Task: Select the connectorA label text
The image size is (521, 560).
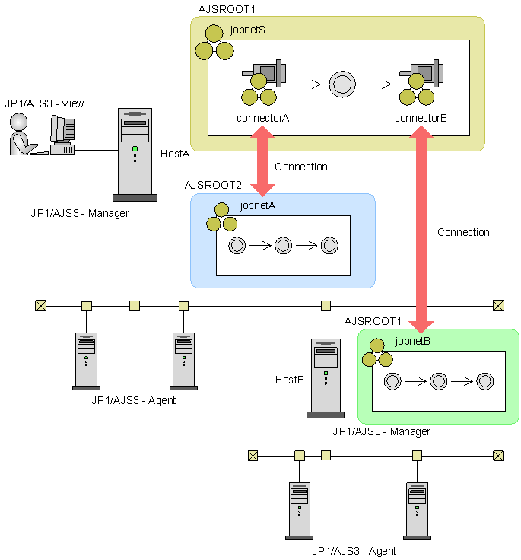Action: (x=263, y=119)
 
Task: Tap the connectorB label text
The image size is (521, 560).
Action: (x=421, y=119)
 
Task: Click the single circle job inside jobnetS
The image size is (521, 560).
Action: (x=342, y=84)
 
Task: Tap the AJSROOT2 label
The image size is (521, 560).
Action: (x=213, y=185)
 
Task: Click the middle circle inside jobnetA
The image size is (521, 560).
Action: (x=283, y=245)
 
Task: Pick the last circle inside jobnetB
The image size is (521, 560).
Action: (x=485, y=381)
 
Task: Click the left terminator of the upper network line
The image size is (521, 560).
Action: (x=40, y=306)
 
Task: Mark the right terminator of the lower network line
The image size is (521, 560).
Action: (x=498, y=456)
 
